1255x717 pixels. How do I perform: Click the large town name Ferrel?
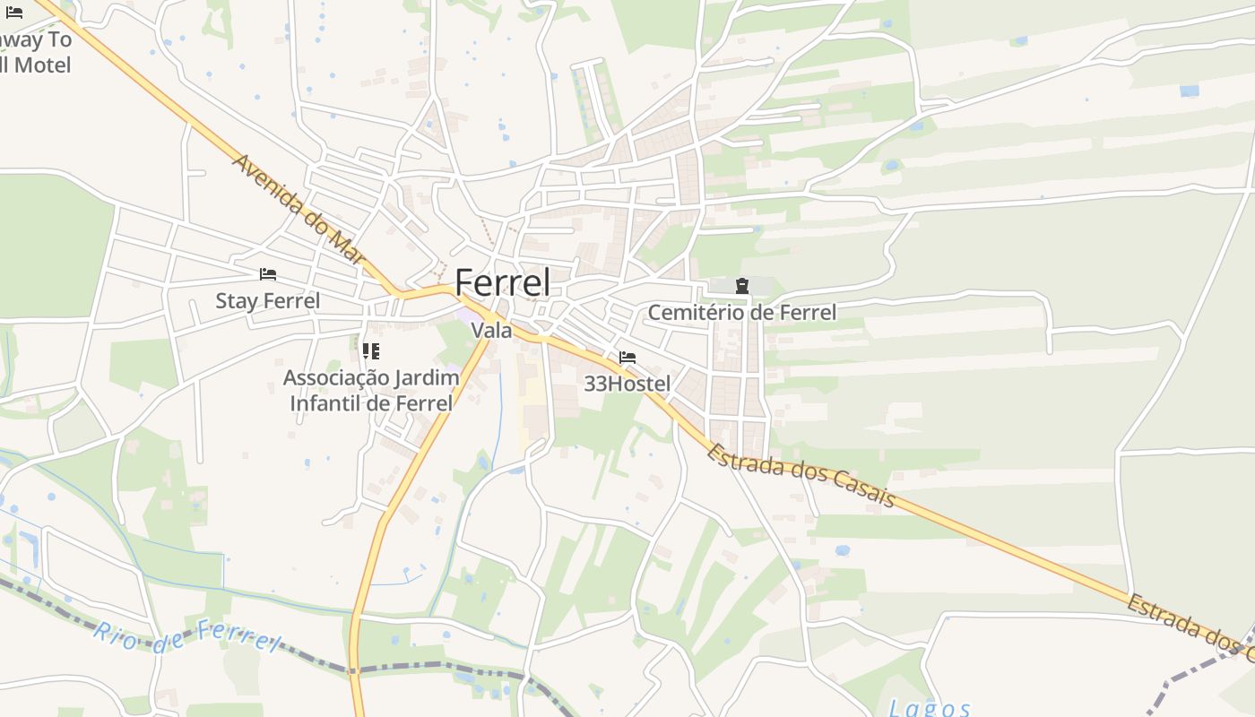click(x=502, y=282)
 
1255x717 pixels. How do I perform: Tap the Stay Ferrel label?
click(x=267, y=301)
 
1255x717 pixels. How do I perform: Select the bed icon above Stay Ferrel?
click(x=267, y=274)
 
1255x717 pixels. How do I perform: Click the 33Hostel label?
click(x=627, y=384)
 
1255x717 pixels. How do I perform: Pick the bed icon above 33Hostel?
click(x=627, y=358)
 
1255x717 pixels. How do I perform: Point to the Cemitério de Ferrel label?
click(x=741, y=313)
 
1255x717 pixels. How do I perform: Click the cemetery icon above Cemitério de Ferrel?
click(x=742, y=286)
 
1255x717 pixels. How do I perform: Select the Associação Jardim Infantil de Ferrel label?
click(x=371, y=390)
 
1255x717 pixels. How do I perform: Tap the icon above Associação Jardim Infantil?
click(x=371, y=350)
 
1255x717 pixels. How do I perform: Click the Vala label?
click(x=492, y=331)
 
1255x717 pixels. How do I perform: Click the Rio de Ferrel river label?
click(x=186, y=635)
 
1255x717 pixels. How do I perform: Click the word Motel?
click(x=41, y=65)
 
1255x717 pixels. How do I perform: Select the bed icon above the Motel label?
click(x=14, y=12)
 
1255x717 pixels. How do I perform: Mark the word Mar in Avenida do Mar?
click(x=347, y=246)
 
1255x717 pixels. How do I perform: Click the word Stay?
click(x=236, y=301)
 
